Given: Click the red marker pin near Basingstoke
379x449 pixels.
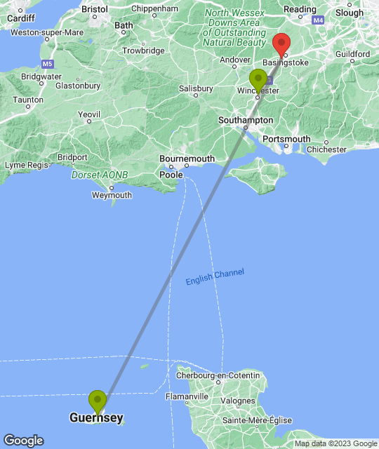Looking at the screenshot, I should click(x=282, y=44).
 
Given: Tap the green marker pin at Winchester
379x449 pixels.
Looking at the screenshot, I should click(x=258, y=80).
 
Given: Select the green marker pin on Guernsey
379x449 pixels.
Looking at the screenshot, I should click(x=97, y=401).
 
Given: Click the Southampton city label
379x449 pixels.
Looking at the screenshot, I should click(x=246, y=120).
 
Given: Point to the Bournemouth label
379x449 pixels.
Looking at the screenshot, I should click(x=187, y=159).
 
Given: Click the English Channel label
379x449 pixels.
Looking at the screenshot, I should click(x=215, y=276).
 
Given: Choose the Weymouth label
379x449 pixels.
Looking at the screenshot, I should click(x=112, y=195).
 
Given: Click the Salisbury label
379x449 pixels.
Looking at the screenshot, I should click(x=196, y=89).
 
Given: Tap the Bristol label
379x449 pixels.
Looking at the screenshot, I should click(x=94, y=10).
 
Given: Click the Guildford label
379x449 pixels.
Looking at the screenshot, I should click(x=352, y=54).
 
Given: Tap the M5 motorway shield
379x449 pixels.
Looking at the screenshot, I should click(x=48, y=64).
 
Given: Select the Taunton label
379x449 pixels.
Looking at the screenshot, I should click(x=28, y=100).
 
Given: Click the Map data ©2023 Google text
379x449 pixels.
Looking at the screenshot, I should click(x=335, y=443).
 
